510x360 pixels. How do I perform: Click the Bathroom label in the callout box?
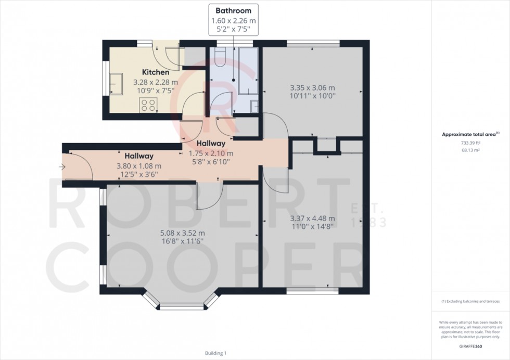pyautogui.click(x=234, y=10)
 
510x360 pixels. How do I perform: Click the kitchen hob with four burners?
pyautogui.click(x=148, y=105)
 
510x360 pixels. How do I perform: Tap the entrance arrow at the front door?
pyautogui.click(x=62, y=167)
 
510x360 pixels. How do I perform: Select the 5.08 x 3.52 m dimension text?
pyautogui.click(x=183, y=233)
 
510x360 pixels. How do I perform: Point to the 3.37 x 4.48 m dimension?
pyautogui.click(x=312, y=218)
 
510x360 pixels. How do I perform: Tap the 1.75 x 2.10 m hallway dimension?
pyautogui.click(x=211, y=153)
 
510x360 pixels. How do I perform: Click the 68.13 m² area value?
pyautogui.click(x=470, y=150)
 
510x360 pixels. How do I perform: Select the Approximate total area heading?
pyautogui.click(x=470, y=134)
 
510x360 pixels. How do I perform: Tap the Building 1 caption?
pyautogui.click(x=216, y=353)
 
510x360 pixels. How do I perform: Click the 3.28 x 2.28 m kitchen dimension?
pyautogui.click(x=155, y=82)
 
